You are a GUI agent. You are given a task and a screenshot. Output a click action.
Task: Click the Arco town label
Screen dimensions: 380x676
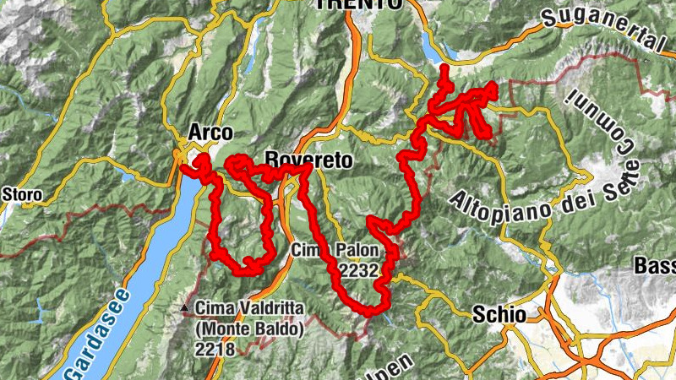[210, 133]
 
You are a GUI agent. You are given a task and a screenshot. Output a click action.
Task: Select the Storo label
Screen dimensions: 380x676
[22, 195]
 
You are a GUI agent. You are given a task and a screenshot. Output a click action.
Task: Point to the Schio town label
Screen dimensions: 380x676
[499, 314]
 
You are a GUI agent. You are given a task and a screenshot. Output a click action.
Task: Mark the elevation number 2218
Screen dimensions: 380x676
[217, 347]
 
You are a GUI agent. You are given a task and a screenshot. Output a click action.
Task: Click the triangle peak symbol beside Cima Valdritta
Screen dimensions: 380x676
[185, 308]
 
